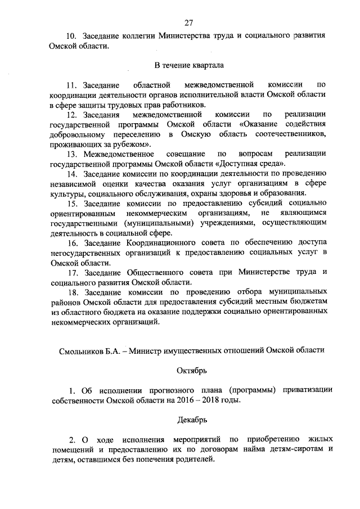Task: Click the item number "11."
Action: tap(72, 85)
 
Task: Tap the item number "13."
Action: tap(72, 154)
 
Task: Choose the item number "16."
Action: tap(72, 242)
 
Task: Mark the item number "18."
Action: tap(72, 292)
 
